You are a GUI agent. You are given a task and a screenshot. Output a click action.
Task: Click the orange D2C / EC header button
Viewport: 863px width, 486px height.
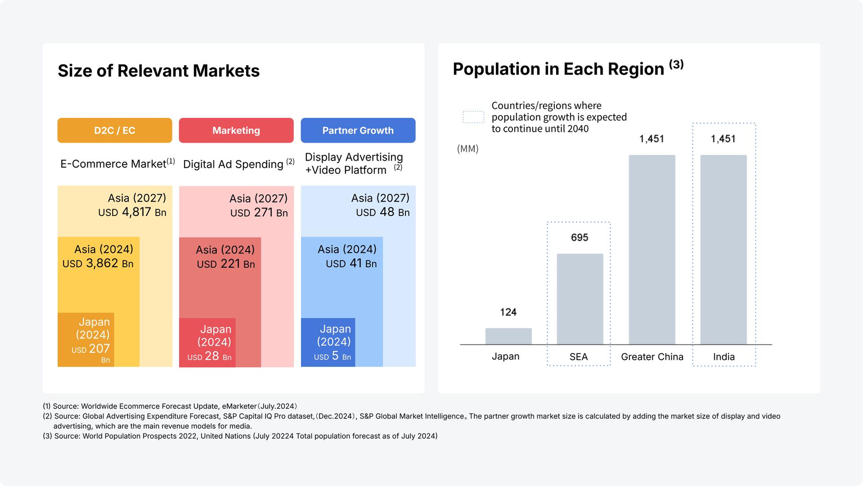(114, 130)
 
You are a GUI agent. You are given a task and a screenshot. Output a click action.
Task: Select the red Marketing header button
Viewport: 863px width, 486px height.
(236, 130)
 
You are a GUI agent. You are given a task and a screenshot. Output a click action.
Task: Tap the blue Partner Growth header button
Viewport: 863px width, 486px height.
(358, 130)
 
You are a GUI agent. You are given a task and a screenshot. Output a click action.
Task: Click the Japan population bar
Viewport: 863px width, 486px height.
(508, 336)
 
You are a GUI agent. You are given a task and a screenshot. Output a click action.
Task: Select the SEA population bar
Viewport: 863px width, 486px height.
(580, 299)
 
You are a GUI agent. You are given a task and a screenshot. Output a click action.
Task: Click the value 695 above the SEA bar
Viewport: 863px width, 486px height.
(579, 238)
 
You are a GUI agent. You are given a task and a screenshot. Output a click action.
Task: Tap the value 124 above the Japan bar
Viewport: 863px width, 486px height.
(508, 312)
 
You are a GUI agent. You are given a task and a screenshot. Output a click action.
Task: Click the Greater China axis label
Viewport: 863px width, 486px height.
(652, 357)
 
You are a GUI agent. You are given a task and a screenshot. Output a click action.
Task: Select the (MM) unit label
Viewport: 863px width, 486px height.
(467, 149)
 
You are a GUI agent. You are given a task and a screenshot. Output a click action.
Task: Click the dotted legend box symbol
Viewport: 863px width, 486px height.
(473, 117)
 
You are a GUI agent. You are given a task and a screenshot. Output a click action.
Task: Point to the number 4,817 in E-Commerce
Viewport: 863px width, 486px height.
(136, 212)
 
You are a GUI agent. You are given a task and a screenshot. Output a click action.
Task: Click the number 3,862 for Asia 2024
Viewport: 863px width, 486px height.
(102, 263)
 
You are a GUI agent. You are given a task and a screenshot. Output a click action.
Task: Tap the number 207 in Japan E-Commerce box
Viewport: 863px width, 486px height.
(99, 349)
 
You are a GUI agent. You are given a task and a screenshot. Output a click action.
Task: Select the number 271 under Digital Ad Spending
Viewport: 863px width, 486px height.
(263, 212)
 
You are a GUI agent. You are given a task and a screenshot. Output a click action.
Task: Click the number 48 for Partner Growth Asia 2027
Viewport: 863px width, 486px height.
(387, 212)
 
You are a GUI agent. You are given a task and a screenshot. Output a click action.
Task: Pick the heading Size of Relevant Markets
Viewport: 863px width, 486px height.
(158, 71)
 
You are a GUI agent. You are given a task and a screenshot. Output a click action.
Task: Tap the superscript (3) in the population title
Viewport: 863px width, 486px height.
(676, 64)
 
